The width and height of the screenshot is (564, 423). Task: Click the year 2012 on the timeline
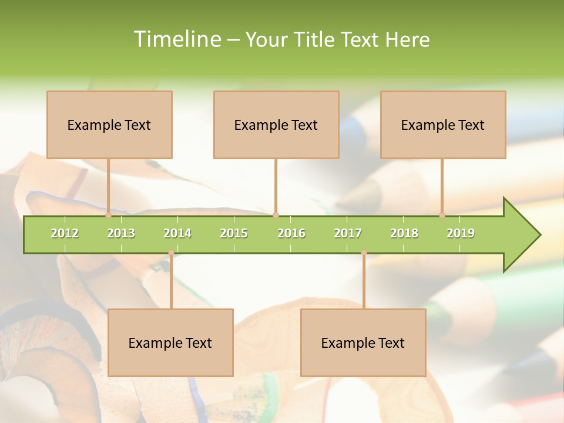click(65, 233)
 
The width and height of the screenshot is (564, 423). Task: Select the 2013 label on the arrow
click(121, 233)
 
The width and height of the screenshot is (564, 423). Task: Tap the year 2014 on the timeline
click(177, 233)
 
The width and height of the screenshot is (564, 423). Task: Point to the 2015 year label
click(234, 233)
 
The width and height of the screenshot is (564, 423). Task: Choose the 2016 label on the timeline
click(291, 233)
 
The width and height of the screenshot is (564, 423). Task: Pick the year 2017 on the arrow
click(348, 233)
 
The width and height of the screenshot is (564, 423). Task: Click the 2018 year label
click(404, 233)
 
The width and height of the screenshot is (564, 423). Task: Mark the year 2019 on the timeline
click(461, 233)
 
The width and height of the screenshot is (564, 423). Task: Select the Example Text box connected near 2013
click(109, 125)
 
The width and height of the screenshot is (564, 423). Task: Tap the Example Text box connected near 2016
click(276, 125)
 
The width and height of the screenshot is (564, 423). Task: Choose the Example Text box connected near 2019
click(443, 125)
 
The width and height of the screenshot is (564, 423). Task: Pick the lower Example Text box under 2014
click(170, 343)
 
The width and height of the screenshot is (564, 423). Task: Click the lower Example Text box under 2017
click(363, 343)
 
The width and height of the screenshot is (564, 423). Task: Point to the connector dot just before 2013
click(109, 215)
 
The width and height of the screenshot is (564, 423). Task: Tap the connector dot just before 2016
click(276, 215)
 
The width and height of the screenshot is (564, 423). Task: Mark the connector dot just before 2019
click(442, 215)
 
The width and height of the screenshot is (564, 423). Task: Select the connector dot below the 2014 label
click(171, 253)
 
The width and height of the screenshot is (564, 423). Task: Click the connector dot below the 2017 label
click(364, 253)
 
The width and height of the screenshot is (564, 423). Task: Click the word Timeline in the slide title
click(176, 39)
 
